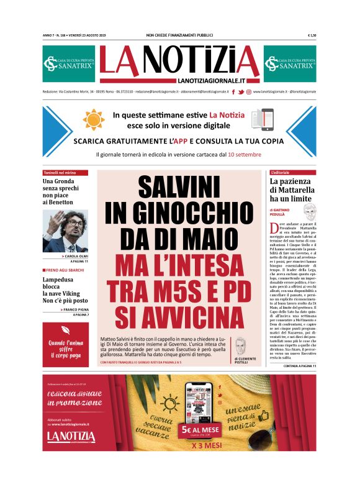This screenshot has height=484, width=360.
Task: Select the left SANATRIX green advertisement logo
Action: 68,63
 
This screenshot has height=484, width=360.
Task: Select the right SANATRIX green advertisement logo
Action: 289,63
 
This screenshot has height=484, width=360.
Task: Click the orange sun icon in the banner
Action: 94,119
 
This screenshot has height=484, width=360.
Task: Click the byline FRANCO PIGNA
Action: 74,309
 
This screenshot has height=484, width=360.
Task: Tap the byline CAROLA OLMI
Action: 75,256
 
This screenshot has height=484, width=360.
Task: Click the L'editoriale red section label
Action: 282,172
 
